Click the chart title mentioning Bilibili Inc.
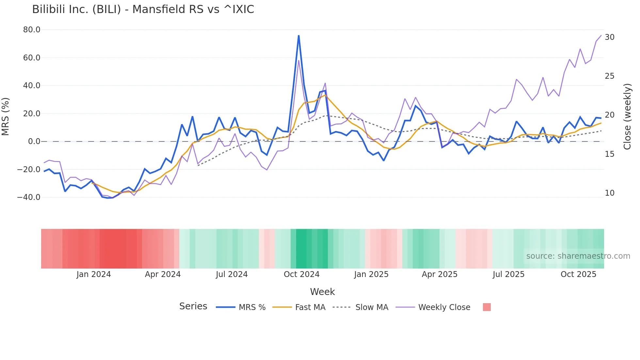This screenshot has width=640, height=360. (x=143, y=9)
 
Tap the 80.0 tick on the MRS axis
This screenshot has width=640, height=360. (x=32, y=30)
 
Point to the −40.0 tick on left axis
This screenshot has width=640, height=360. (x=29, y=197)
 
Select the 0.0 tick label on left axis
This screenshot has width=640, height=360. (x=34, y=141)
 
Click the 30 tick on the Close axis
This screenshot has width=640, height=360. (x=610, y=37)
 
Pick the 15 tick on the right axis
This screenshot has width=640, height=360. (x=610, y=154)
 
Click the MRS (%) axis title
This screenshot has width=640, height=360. (x=6, y=117)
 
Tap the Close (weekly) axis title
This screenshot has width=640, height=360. (x=627, y=117)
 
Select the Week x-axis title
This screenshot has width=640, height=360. (x=322, y=292)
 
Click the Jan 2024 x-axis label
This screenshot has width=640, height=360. (x=94, y=274)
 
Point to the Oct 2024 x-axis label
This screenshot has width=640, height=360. (x=301, y=274)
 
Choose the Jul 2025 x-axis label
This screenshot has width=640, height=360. (x=508, y=274)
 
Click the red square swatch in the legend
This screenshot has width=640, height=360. (x=487, y=307)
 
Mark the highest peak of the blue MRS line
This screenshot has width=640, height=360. (x=298, y=36)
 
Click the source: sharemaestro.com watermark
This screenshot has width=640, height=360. (x=578, y=256)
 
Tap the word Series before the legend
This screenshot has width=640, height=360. (x=193, y=306)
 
